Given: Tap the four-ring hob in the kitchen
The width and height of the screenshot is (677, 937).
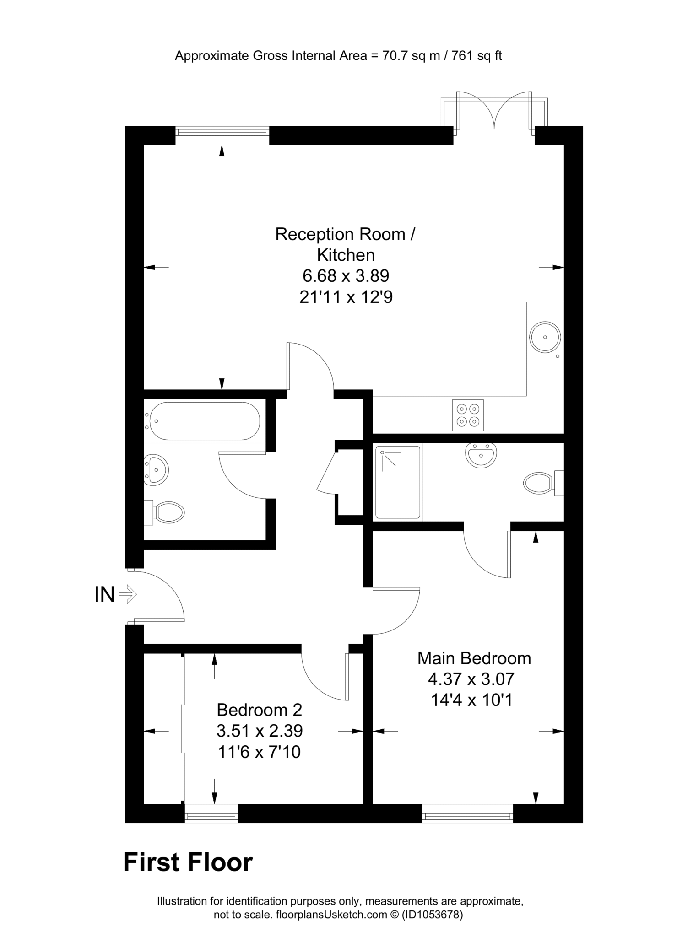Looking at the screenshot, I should [x=468, y=415].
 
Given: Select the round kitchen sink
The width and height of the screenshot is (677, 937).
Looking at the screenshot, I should [x=545, y=337].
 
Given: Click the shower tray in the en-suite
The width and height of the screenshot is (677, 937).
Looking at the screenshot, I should [x=398, y=482].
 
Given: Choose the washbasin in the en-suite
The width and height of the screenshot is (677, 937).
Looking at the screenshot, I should [x=481, y=455].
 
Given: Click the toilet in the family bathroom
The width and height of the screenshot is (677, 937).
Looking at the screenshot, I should [x=166, y=512].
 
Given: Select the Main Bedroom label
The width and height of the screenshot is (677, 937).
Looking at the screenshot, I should [x=474, y=658].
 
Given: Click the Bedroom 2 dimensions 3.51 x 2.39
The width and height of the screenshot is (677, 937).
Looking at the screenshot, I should [x=260, y=731].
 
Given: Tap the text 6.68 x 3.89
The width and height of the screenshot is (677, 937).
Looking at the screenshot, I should [x=346, y=276].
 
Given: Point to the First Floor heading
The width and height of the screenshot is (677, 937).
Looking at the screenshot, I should [x=188, y=862].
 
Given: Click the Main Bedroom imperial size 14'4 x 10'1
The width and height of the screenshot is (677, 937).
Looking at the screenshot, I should [x=471, y=700].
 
